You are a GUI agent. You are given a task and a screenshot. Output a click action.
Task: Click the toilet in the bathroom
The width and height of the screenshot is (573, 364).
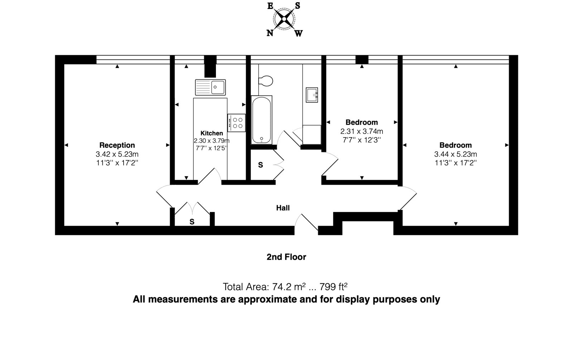pos(265,81)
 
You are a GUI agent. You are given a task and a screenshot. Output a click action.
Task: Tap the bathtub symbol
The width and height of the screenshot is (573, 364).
pos(261,120)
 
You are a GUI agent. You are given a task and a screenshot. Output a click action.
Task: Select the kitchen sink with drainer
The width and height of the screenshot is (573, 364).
pos(210,87)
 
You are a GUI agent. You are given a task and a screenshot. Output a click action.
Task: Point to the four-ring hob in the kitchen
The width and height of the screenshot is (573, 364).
pos(236,123)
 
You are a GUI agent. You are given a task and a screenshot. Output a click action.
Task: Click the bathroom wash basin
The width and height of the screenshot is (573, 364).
pos(312,95)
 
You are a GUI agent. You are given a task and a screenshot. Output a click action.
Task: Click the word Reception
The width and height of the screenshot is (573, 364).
pos(117,145)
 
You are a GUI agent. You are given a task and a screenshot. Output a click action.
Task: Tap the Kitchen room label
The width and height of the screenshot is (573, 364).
pos(212,133)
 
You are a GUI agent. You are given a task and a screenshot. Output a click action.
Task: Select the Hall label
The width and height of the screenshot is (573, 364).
pos(283,208)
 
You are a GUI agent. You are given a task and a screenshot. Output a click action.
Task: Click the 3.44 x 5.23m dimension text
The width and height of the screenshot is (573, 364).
pos(456,154)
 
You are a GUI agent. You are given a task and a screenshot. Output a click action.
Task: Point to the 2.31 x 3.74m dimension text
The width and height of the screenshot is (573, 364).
pos(361,131)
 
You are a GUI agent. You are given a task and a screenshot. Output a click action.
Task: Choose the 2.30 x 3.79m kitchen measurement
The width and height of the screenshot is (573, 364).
pos(212,140)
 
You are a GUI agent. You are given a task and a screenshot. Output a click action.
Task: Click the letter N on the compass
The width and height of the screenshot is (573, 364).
pos(270,33)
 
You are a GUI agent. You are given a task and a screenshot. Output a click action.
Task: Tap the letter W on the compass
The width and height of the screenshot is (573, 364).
pos(299,33)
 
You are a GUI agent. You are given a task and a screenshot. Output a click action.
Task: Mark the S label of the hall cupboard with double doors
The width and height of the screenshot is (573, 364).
pos(192,222)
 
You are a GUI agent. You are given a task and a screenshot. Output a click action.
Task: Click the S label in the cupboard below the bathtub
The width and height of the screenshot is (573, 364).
pos(260,165)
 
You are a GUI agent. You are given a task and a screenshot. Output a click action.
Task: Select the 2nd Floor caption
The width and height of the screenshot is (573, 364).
pos(286,257)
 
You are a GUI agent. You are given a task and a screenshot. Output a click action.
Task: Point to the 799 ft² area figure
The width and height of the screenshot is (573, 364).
pos(333,287)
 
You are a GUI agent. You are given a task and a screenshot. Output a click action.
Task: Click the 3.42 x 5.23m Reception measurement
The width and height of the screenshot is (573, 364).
pos(117,154)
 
